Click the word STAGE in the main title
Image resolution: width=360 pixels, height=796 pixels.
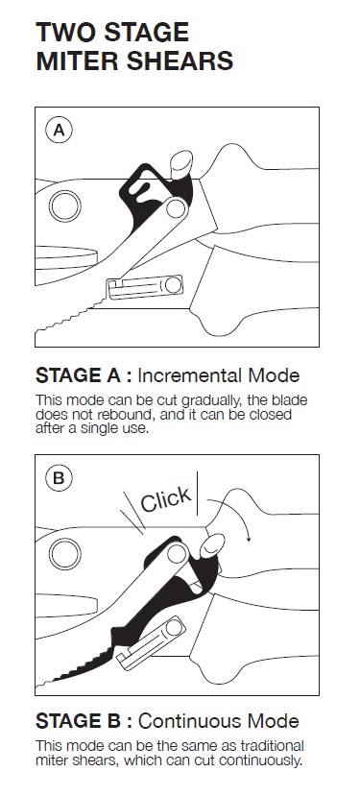145,33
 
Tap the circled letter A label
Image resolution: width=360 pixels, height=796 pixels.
59,131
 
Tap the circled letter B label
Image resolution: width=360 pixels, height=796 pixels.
59,478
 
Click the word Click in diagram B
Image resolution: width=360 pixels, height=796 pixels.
165,499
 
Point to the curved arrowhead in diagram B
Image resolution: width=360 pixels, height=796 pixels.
249,537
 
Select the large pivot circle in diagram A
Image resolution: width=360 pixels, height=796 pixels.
65,206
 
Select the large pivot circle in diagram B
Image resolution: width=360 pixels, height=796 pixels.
65,553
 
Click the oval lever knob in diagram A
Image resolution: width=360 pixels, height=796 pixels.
180,164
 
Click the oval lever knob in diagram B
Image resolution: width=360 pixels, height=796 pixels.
212,546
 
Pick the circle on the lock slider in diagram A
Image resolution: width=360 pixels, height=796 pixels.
173,285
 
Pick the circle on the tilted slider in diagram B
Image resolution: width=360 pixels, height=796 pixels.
174,628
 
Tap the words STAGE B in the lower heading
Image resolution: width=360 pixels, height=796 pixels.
77,721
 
